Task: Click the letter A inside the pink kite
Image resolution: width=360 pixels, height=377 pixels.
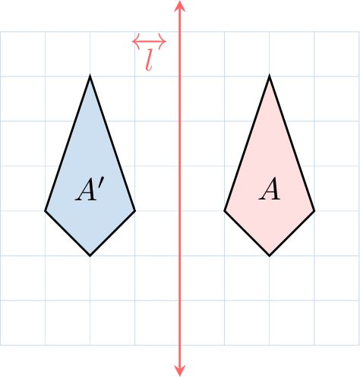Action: [270, 189]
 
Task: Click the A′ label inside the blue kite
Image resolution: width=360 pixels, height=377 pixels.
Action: [90, 189]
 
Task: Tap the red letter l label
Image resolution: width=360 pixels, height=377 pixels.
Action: [150, 60]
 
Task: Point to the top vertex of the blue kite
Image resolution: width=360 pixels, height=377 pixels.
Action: [90, 76]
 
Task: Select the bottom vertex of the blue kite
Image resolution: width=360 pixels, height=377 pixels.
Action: [90, 256]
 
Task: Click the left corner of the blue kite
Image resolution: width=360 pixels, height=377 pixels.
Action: [45, 211]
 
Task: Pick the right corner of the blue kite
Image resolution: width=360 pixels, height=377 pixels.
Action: [135, 211]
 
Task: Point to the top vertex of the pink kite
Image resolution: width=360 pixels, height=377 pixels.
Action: [270, 76]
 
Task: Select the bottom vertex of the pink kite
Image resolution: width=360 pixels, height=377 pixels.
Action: [270, 256]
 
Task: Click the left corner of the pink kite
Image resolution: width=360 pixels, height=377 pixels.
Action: [224, 211]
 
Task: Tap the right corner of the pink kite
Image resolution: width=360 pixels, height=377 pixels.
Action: [314, 211]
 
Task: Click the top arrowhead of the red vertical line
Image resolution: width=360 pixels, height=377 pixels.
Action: [180, 5]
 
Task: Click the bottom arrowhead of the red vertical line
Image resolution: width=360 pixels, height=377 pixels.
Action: [180, 371]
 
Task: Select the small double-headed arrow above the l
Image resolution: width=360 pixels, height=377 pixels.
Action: [149, 41]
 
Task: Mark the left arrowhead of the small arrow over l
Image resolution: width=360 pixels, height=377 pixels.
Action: [136, 41]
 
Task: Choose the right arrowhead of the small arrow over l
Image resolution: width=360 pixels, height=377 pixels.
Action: [163, 41]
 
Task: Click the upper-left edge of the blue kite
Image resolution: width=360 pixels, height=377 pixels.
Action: [68, 143]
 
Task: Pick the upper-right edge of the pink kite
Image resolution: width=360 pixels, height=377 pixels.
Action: [292, 143]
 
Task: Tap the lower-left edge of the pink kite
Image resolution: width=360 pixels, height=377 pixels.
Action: [247, 233]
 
